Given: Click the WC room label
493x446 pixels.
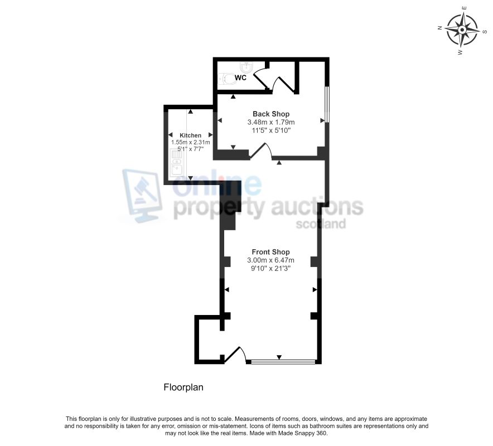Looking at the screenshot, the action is point(240,77).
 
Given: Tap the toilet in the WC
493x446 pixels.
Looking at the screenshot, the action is point(227,79).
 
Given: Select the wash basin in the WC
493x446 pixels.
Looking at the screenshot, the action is point(248,67).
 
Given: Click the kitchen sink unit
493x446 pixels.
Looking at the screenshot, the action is point(176,162).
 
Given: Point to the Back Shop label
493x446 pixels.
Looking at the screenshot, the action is point(271,114).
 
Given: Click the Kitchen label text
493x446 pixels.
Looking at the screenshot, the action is point(191,135).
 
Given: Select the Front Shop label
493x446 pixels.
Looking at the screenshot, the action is point(270,252).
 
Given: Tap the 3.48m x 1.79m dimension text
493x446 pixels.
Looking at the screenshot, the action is point(271,122).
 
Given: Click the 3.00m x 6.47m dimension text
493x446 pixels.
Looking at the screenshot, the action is point(270,260).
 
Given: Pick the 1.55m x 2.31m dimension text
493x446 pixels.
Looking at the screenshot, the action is point(191,142).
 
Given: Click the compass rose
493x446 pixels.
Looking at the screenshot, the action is point(462,30).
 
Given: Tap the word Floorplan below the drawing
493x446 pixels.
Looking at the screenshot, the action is point(183,387).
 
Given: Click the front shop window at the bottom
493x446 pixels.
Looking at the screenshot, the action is point(283,362).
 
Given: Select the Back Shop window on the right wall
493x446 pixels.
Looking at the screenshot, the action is point(327,104).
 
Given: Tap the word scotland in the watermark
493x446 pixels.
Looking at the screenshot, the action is point(321,224).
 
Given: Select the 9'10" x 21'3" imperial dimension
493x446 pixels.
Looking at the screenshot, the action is point(270,268).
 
